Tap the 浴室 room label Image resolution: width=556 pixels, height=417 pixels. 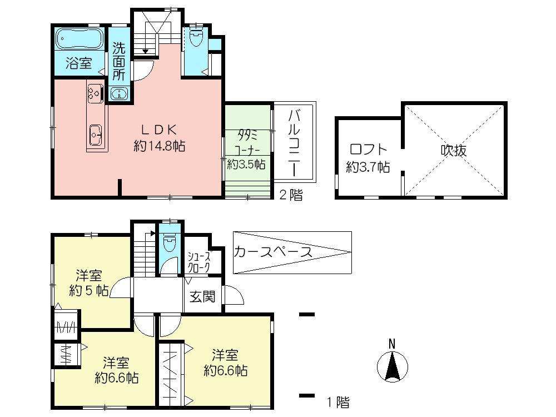78,63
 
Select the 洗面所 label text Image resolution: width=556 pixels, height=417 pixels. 119,61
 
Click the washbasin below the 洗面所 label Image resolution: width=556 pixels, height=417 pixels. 119,93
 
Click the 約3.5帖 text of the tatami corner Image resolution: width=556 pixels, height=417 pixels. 246,164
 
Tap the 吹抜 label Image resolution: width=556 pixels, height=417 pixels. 454,150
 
